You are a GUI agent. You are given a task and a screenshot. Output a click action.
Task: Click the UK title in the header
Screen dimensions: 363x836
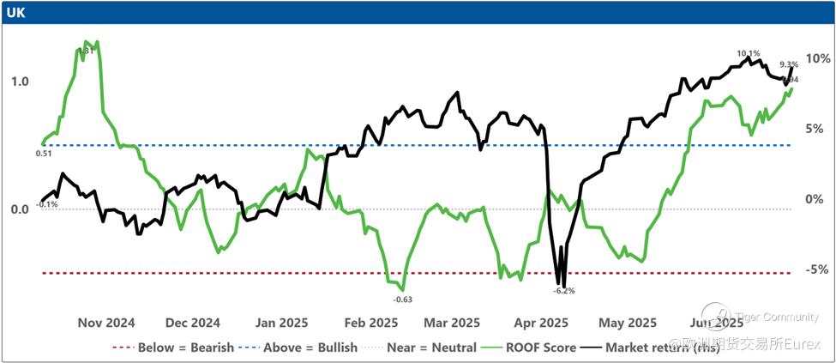click(15, 12)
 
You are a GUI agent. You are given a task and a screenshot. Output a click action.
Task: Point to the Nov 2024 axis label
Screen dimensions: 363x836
click(106, 324)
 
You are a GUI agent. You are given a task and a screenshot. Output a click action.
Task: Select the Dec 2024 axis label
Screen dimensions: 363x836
click(192, 324)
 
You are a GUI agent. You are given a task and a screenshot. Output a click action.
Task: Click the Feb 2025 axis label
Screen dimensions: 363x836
click(364, 324)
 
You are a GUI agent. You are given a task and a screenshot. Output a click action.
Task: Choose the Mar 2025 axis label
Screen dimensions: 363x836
click(452, 324)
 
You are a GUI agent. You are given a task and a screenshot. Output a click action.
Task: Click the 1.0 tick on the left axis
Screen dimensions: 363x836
click(19, 82)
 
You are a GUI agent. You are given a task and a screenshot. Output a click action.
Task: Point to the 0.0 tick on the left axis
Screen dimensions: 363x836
click(19, 209)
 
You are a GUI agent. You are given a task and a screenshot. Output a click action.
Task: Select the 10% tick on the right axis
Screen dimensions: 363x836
click(817, 58)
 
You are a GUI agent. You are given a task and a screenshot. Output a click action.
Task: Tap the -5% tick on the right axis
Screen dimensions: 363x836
click(817, 269)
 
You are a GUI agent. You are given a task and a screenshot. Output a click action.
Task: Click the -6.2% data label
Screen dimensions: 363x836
click(564, 291)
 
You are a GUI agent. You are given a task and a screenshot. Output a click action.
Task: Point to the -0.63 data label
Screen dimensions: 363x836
click(402, 299)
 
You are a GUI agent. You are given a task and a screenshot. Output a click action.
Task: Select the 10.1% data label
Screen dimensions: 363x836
click(749, 53)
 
